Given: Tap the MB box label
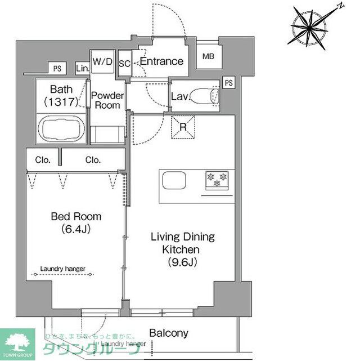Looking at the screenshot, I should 209,56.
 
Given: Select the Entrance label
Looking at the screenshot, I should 161,61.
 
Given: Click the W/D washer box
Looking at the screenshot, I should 102,61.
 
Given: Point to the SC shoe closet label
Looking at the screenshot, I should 125,64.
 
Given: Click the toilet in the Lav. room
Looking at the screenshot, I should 204,96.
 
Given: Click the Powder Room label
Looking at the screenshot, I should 107,100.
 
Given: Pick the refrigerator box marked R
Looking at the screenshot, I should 183,126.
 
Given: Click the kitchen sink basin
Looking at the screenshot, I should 174,181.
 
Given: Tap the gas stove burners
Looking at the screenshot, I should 217,180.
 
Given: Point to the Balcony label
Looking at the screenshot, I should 168,333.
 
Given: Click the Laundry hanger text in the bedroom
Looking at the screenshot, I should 62,269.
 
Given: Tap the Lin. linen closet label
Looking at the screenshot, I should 82,69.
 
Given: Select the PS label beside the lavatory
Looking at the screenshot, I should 228,83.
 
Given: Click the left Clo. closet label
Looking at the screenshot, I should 43,160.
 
